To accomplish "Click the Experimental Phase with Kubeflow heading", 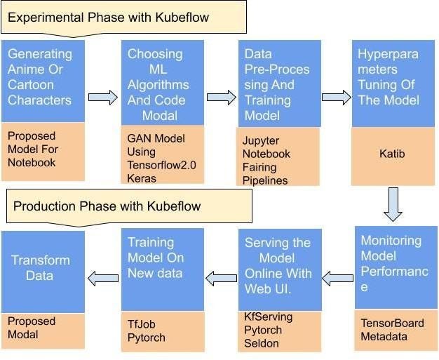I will tap(109, 17).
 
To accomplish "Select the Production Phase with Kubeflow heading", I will tap(107, 206).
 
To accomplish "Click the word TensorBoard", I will tap(392, 324).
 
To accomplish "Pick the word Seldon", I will tap(262, 343).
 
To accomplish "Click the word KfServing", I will tap(268, 317).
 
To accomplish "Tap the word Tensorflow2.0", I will tap(162, 165).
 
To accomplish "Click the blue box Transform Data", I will tap(43, 268).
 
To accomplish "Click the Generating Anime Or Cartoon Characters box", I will tap(43, 81).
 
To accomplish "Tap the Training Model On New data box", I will tap(163, 268).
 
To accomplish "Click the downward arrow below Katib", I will tap(393, 204).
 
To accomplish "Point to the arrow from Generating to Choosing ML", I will tap(102, 98).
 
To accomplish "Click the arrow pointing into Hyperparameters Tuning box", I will tap(336, 98).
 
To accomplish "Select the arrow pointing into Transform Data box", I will tap(102, 279).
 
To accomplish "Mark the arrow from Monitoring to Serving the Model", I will tap(338, 279).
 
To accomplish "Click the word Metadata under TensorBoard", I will tap(385, 337).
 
